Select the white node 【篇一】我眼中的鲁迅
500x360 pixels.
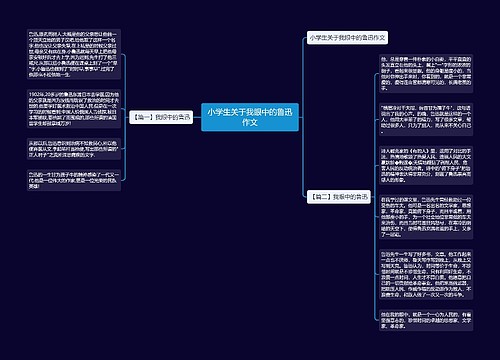tap(158, 117)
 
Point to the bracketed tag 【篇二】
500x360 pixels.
tap(319, 195)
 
